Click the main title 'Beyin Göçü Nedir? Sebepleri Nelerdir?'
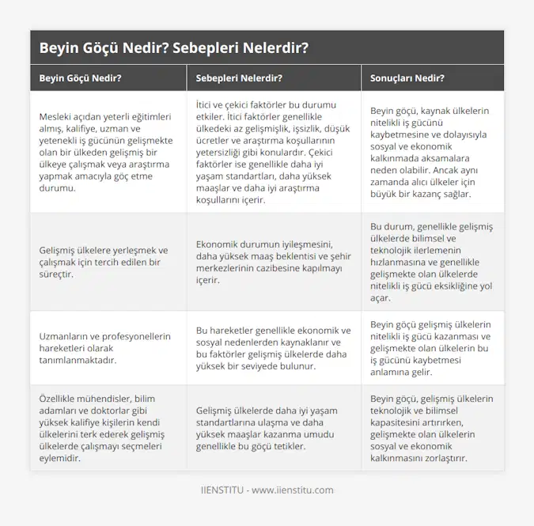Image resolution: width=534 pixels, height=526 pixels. [x=173, y=47]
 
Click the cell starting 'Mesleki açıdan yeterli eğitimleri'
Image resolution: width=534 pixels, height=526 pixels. [x=106, y=153]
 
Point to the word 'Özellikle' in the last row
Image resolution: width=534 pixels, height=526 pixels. [x=61, y=397]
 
